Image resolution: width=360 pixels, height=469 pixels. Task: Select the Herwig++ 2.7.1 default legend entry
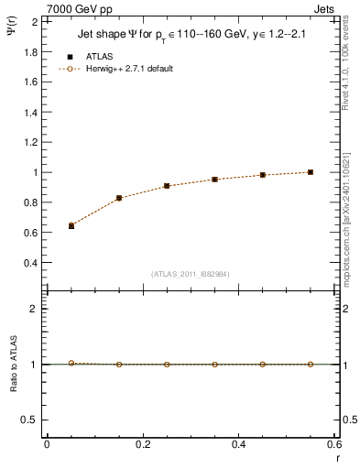point(127,69)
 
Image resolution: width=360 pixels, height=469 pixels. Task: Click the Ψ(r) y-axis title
point(12,35)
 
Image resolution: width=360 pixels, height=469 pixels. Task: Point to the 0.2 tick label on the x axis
point(143,444)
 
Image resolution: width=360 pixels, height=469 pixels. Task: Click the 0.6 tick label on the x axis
point(335,444)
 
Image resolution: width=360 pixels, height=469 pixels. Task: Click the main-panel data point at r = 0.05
point(71,225)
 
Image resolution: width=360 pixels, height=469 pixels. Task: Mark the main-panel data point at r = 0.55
point(311,172)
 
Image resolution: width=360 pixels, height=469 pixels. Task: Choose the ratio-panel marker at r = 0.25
point(167,365)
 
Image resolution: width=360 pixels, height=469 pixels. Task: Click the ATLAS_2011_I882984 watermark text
point(191,273)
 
